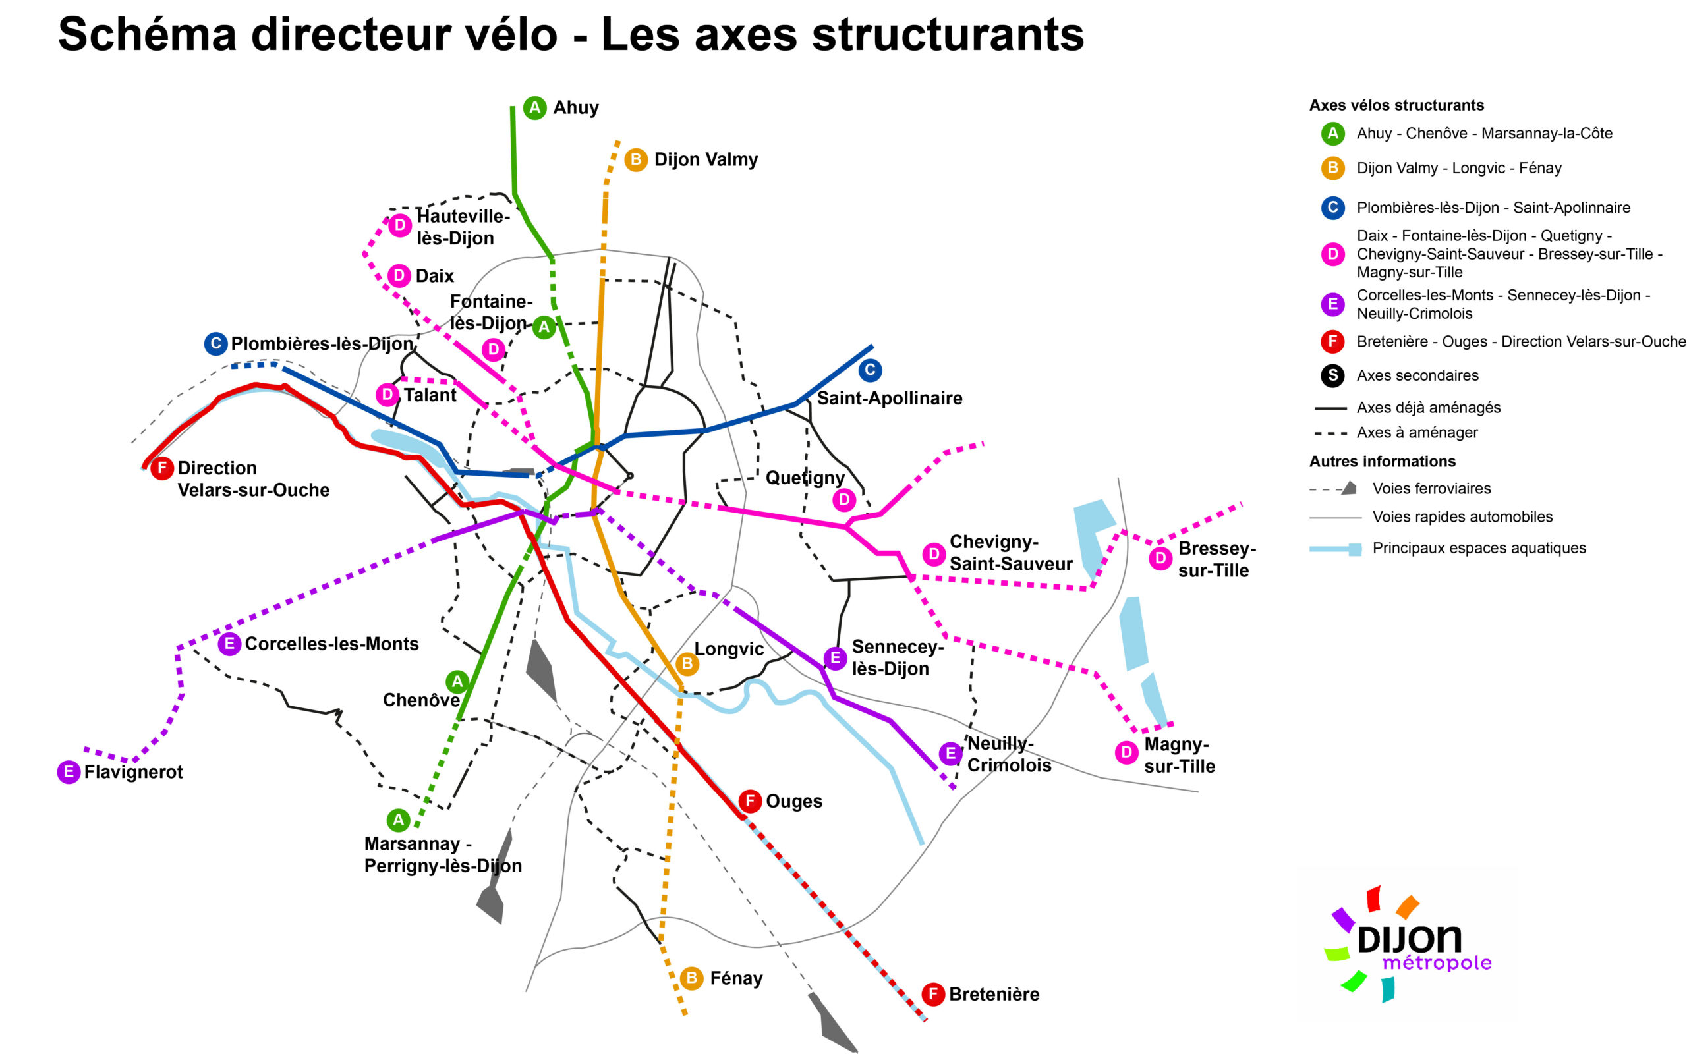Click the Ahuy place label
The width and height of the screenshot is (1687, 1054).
pos(575,108)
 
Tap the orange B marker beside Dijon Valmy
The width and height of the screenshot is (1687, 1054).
pos(635,160)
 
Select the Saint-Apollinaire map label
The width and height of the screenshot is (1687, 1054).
pos(889,398)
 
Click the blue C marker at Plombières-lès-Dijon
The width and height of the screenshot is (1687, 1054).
pos(215,344)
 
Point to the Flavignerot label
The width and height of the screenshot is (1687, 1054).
pos(133,772)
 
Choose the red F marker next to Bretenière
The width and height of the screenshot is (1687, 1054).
pos(932,994)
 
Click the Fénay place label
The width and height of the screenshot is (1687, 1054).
pos(735,979)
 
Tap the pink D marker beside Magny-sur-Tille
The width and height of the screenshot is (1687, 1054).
pos(1126,753)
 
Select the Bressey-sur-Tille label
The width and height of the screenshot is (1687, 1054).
pos(1216,559)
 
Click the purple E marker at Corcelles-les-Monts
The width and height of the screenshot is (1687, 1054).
pos(229,644)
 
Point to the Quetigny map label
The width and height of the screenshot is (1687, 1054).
pos(805,478)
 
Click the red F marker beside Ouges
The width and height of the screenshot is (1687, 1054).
pos(749,801)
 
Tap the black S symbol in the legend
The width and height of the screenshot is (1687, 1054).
pos(1332,375)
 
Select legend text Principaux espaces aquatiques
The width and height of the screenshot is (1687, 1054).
pos(1479,549)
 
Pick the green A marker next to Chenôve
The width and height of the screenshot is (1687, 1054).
pos(457,682)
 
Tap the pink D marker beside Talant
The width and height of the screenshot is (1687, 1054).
pos(387,395)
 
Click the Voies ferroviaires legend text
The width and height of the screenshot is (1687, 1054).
pos(1431,489)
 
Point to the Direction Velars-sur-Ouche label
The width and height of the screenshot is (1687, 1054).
pos(253,479)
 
